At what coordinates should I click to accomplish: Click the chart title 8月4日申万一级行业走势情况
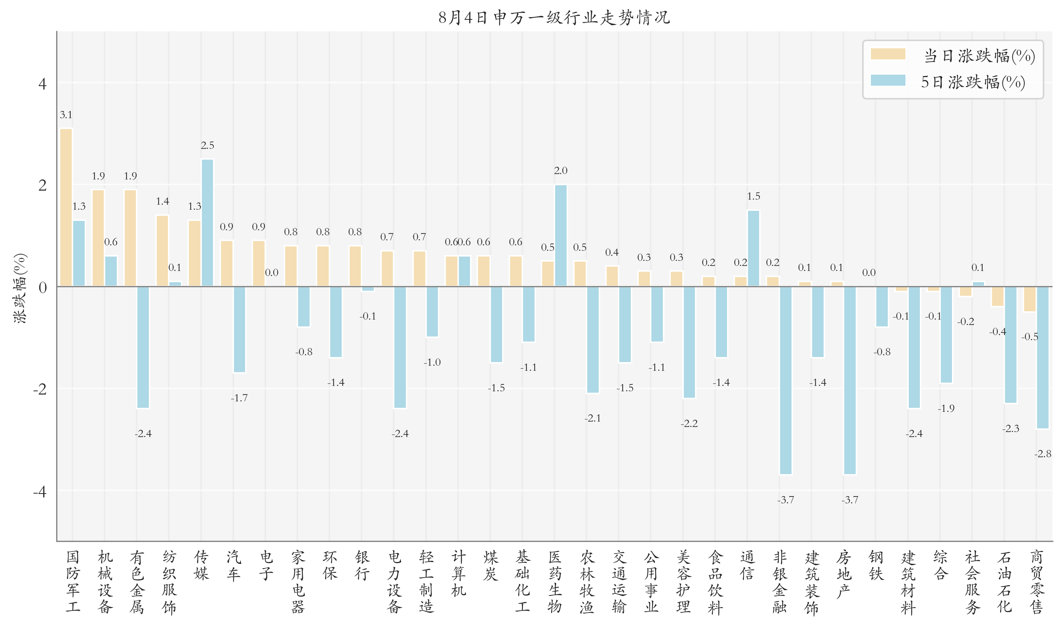coord(554,18)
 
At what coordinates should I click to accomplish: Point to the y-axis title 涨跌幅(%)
coord(20,288)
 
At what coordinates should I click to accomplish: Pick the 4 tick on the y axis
coord(42,84)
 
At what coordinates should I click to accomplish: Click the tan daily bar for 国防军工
coord(66,208)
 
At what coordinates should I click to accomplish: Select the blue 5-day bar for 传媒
coord(207,223)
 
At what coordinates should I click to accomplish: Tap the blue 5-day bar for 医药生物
coord(561,236)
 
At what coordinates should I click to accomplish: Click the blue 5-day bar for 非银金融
coord(786,380)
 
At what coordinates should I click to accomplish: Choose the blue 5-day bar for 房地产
coord(850,380)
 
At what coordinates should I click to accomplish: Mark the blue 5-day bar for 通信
coord(753,248)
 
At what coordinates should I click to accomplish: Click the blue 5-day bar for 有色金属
coord(143,347)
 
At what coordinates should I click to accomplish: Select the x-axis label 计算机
coord(459,573)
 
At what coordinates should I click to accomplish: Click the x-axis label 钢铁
coord(876,565)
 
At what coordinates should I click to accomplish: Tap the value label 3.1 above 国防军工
coord(66,115)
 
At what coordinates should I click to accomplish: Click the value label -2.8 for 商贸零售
coord(1043,454)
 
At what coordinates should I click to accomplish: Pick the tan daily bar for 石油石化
coord(998,297)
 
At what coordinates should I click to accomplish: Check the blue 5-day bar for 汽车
coord(240,330)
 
